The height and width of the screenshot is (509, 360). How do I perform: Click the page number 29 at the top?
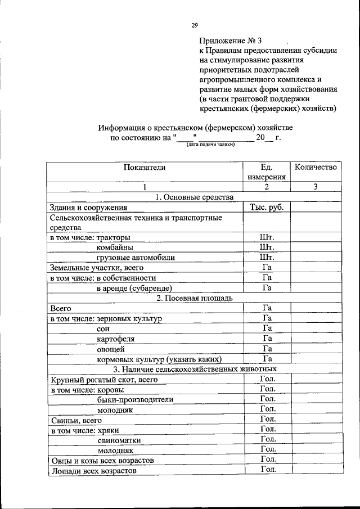(195, 25)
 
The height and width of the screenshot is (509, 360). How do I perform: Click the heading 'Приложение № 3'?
(231, 40)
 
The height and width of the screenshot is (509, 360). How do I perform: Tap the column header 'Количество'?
(316, 167)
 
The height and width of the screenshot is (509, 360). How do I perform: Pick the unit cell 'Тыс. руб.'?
(267, 207)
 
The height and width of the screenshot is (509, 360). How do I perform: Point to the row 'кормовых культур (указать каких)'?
(159, 359)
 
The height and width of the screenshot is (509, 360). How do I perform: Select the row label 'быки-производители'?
(135, 399)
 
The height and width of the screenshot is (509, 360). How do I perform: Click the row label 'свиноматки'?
(119, 440)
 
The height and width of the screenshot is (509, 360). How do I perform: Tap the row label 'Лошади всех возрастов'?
(93, 470)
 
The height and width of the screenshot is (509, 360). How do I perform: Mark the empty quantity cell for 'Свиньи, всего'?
(316, 420)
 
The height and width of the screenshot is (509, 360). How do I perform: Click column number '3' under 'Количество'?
(316, 187)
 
